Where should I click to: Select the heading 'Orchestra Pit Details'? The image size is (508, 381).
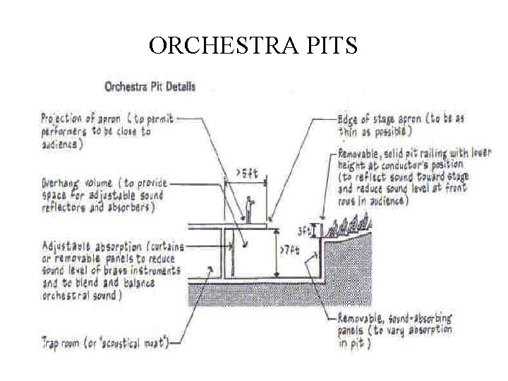pos(150,87)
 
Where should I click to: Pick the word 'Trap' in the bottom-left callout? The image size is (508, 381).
pos(51,343)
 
